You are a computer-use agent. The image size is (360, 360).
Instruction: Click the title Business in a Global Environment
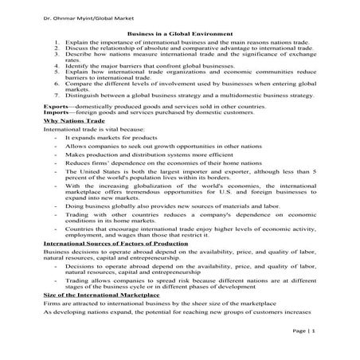coord(180,33)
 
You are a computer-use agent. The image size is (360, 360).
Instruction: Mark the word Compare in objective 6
coord(77,81)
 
